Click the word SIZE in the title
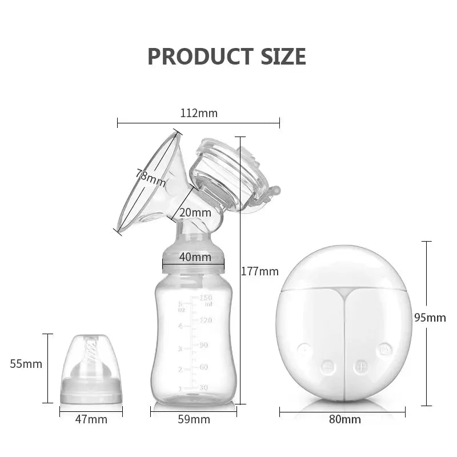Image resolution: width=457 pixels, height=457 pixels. pyautogui.click(x=280, y=57)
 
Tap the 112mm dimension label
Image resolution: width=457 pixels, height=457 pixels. pyautogui.click(x=199, y=113)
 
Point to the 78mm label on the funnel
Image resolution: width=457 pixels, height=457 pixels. pyautogui.click(x=150, y=178)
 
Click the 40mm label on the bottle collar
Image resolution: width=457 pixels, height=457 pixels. pyautogui.click(x=195, y=256)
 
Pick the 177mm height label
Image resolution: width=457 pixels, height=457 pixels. pyautogui.click(x=259, y=271)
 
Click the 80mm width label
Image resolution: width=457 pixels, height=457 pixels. pyautogui.click(x=345, y=420)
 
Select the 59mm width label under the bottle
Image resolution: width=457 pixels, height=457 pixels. pyautogui.click(x=194, y=420)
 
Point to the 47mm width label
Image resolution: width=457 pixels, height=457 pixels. pyautogui.click(x=91, y=420)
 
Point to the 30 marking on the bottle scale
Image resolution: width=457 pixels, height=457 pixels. pyautogui.click(x=203, y=388)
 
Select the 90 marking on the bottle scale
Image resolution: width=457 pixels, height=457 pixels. pyautogui.click(x=203, y=345)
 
